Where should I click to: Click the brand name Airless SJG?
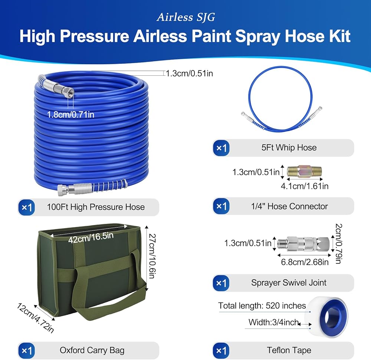(x=186, y=17)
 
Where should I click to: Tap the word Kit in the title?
(x=338, y=36)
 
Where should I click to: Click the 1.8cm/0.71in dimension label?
(x=70, y=115)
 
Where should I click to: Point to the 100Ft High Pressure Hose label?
(x=96, y=207)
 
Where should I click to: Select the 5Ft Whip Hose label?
(x=289, y=147)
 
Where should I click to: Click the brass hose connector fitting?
(x=305, y=171)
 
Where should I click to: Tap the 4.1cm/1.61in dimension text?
(x=305, y=186)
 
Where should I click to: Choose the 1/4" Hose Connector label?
(x=289, y=206)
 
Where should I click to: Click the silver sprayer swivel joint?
(x=303, y=243)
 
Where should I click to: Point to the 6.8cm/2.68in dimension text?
(x=305, y=262)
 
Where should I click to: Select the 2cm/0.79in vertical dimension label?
(x=339, y=243)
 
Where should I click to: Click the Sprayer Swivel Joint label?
(x=289, y=282)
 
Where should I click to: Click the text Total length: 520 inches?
(x=262, y=305)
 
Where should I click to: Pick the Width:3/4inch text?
(x=273, y=322)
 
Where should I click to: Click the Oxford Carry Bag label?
(x=92, y=350)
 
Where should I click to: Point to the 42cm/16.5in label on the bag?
(x=91, y=238)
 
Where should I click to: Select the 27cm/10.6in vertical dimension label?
(x=152, y=256)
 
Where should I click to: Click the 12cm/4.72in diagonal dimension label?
(x=36, y=318)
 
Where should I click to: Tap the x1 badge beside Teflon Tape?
(x=221, y=351)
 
